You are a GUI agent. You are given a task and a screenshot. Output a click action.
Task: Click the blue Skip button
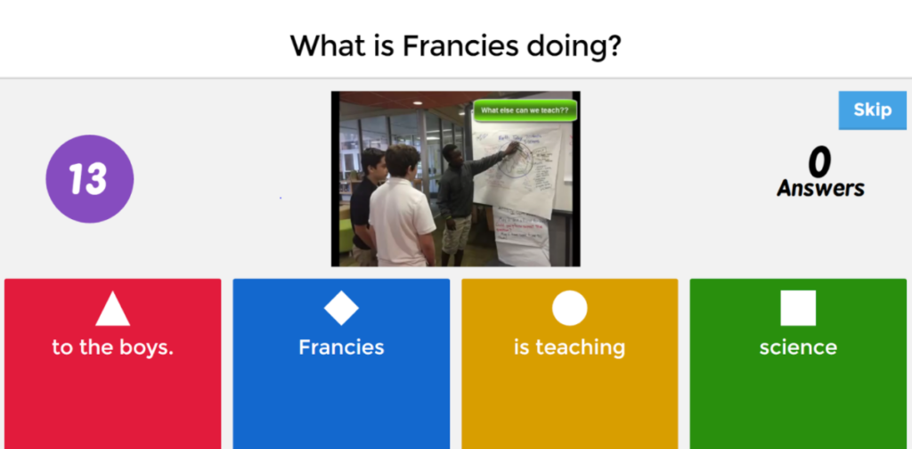(872, 110)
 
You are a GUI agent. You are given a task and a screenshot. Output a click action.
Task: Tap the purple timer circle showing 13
(90, 179)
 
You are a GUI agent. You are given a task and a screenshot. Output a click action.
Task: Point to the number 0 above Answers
(819, 162)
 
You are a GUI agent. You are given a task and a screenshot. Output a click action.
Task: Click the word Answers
(820, 189)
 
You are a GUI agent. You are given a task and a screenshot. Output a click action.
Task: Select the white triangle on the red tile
(113, 309)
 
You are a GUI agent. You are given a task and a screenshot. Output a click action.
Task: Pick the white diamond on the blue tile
(341, 308)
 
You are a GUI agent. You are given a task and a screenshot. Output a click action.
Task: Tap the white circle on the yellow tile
(570, 308)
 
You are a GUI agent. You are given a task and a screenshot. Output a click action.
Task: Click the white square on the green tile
(798, 308)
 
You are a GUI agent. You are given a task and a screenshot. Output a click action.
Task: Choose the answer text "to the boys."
(113, 347)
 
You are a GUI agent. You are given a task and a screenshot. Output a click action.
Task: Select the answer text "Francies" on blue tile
(341, 347)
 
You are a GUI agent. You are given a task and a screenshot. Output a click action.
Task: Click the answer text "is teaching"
(570, 347)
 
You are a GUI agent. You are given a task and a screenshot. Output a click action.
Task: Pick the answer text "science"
(798, 347)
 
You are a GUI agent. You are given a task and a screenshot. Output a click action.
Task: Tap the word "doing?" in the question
(574, 46)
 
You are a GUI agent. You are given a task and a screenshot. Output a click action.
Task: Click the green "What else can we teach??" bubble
(525, 111)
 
